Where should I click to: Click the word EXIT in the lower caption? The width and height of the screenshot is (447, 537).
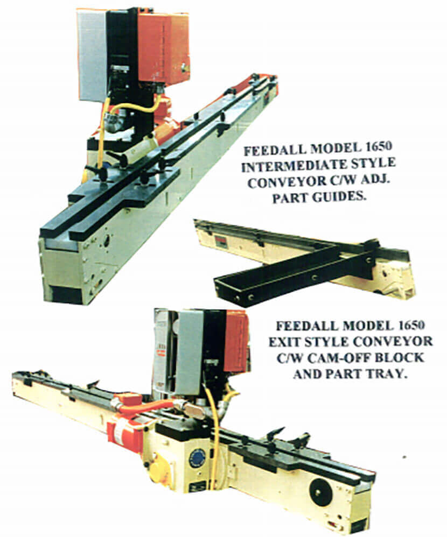[x=283, y=342]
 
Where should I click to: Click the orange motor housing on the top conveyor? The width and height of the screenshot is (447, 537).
[x=163, y=48]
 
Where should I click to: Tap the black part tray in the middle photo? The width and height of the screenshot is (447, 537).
[x=295, y=271]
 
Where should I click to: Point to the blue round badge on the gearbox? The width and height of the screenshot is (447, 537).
[x=197, y=458]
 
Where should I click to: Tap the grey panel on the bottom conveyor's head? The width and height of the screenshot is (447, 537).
[x=190, y=350]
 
